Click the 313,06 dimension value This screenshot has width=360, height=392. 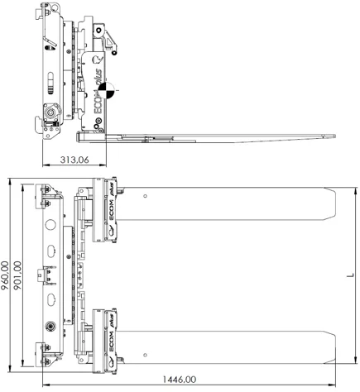(74, 160)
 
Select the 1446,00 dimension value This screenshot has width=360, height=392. (180, 380)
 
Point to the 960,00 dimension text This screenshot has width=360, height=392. (5, 275)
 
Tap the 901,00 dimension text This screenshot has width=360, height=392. (17, 275)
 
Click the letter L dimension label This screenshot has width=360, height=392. (350, 275)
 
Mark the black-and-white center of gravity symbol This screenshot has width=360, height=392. (106, 90)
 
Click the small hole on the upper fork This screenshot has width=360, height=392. (145, 196)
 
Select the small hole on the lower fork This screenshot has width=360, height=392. (145, 355)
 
